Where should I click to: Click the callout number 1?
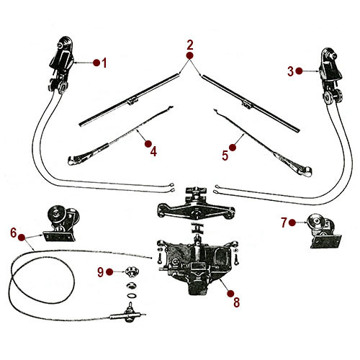point(104,63)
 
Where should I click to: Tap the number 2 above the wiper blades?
point(190,44)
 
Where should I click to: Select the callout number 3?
point(290,71)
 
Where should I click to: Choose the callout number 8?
point(237,302)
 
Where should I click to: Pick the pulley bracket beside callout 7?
point(321,230)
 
